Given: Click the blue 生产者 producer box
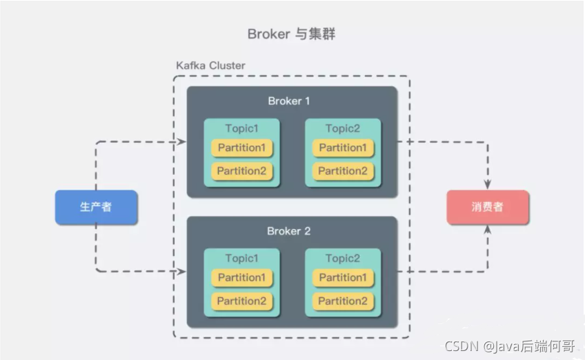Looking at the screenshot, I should [96, 207].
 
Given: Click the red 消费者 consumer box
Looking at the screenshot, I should [488, 207].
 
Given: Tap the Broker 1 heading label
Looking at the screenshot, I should [289, 101].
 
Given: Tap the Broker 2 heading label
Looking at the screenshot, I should [289, 231].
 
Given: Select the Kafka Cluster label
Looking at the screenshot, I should [210, 66].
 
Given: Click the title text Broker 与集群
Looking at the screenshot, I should [292, 34].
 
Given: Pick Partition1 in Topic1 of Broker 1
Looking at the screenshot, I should [241, 148].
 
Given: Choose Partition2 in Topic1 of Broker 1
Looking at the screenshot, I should [241, 171].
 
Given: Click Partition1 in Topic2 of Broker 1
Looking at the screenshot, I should [343, 148].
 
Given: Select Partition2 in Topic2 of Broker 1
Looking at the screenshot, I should [343, 171].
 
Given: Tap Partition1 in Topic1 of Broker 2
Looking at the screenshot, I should [241, 277].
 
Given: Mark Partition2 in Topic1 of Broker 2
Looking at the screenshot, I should [241, 301].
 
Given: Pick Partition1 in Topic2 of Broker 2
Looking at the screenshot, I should [343, 277].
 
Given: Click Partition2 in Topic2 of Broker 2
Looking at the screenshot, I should [343, 301].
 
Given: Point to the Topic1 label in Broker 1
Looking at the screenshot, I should [241, 128].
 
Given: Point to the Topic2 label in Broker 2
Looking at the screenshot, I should [343, 258].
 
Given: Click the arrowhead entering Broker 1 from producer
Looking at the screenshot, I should [182, 142].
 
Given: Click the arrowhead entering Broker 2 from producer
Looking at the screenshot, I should [182, 272].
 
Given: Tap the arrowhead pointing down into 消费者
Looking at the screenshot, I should [488, 185].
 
